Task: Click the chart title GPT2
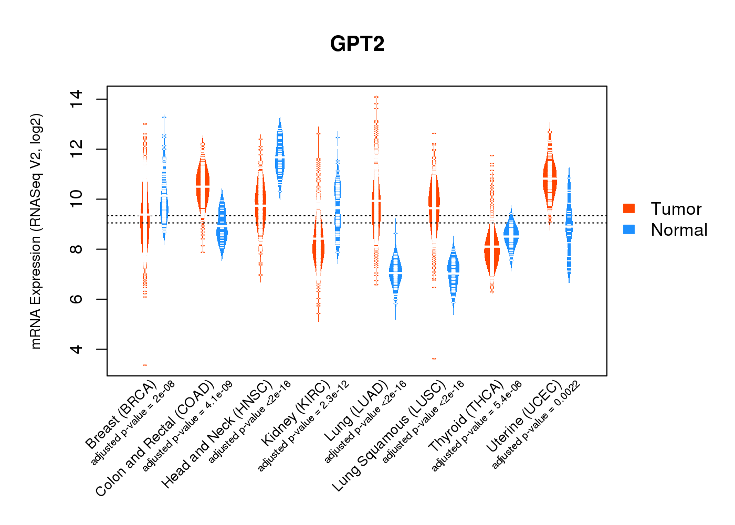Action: (357, 44)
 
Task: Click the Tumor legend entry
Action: (676, 209)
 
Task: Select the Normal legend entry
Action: (679, 230)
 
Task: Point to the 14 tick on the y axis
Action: (76, 100)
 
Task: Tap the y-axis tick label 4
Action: (76, 349)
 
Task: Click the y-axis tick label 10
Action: (76, 199)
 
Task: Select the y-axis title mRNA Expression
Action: (36, 231)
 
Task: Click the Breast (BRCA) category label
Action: (121, 415)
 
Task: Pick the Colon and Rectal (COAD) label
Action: (155, 438)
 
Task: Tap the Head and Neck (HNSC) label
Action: (217, 434)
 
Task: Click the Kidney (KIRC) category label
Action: (296, 412)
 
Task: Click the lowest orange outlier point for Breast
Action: (145, 365)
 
